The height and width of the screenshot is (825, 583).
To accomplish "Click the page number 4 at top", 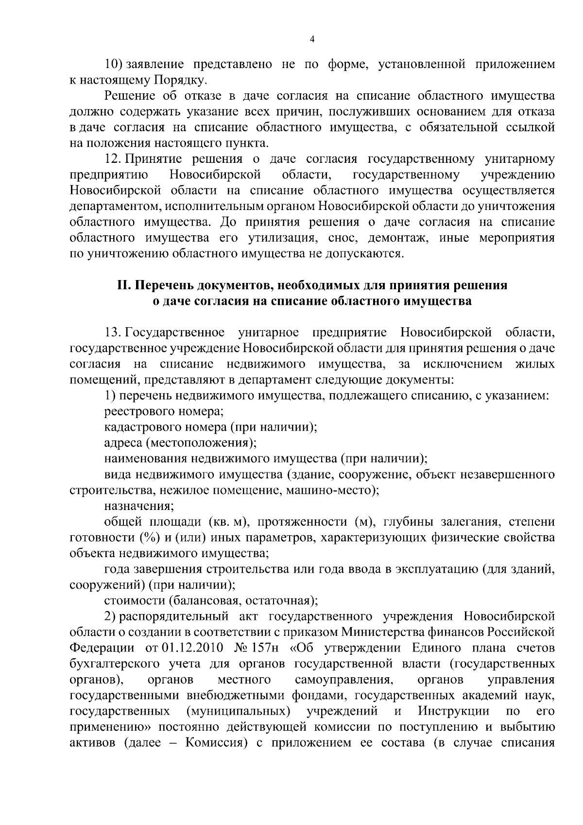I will click(312, 40).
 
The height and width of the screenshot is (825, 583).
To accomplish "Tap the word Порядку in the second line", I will click(183, 80).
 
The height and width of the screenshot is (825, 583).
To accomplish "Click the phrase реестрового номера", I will click(164, 412).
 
